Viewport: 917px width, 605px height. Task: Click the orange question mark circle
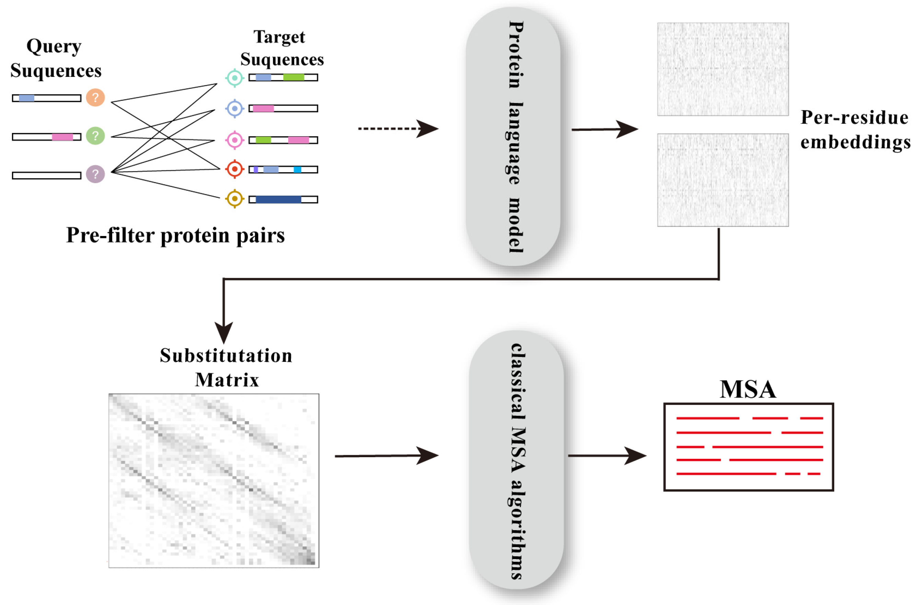point(95,97)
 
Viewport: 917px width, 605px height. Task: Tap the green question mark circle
point(95,136)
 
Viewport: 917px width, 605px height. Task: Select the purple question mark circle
point(95,174)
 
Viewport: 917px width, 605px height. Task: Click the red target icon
point(235,169)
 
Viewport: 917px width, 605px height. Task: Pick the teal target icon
point(235,78)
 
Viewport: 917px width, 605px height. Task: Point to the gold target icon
point(235,199)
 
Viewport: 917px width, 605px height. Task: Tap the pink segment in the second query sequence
point(62,137)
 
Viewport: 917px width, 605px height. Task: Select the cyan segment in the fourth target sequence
point(297,169)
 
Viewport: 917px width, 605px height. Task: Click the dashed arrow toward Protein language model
point(398,129)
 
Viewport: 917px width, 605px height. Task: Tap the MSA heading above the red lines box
point(748,389)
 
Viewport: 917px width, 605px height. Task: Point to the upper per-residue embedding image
point(722,69)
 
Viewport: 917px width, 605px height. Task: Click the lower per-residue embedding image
point(722,180)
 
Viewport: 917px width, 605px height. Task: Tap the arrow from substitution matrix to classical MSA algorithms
point(386,456)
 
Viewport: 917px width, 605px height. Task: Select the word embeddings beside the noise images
point(855,142)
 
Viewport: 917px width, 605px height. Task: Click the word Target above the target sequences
point(279,37)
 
